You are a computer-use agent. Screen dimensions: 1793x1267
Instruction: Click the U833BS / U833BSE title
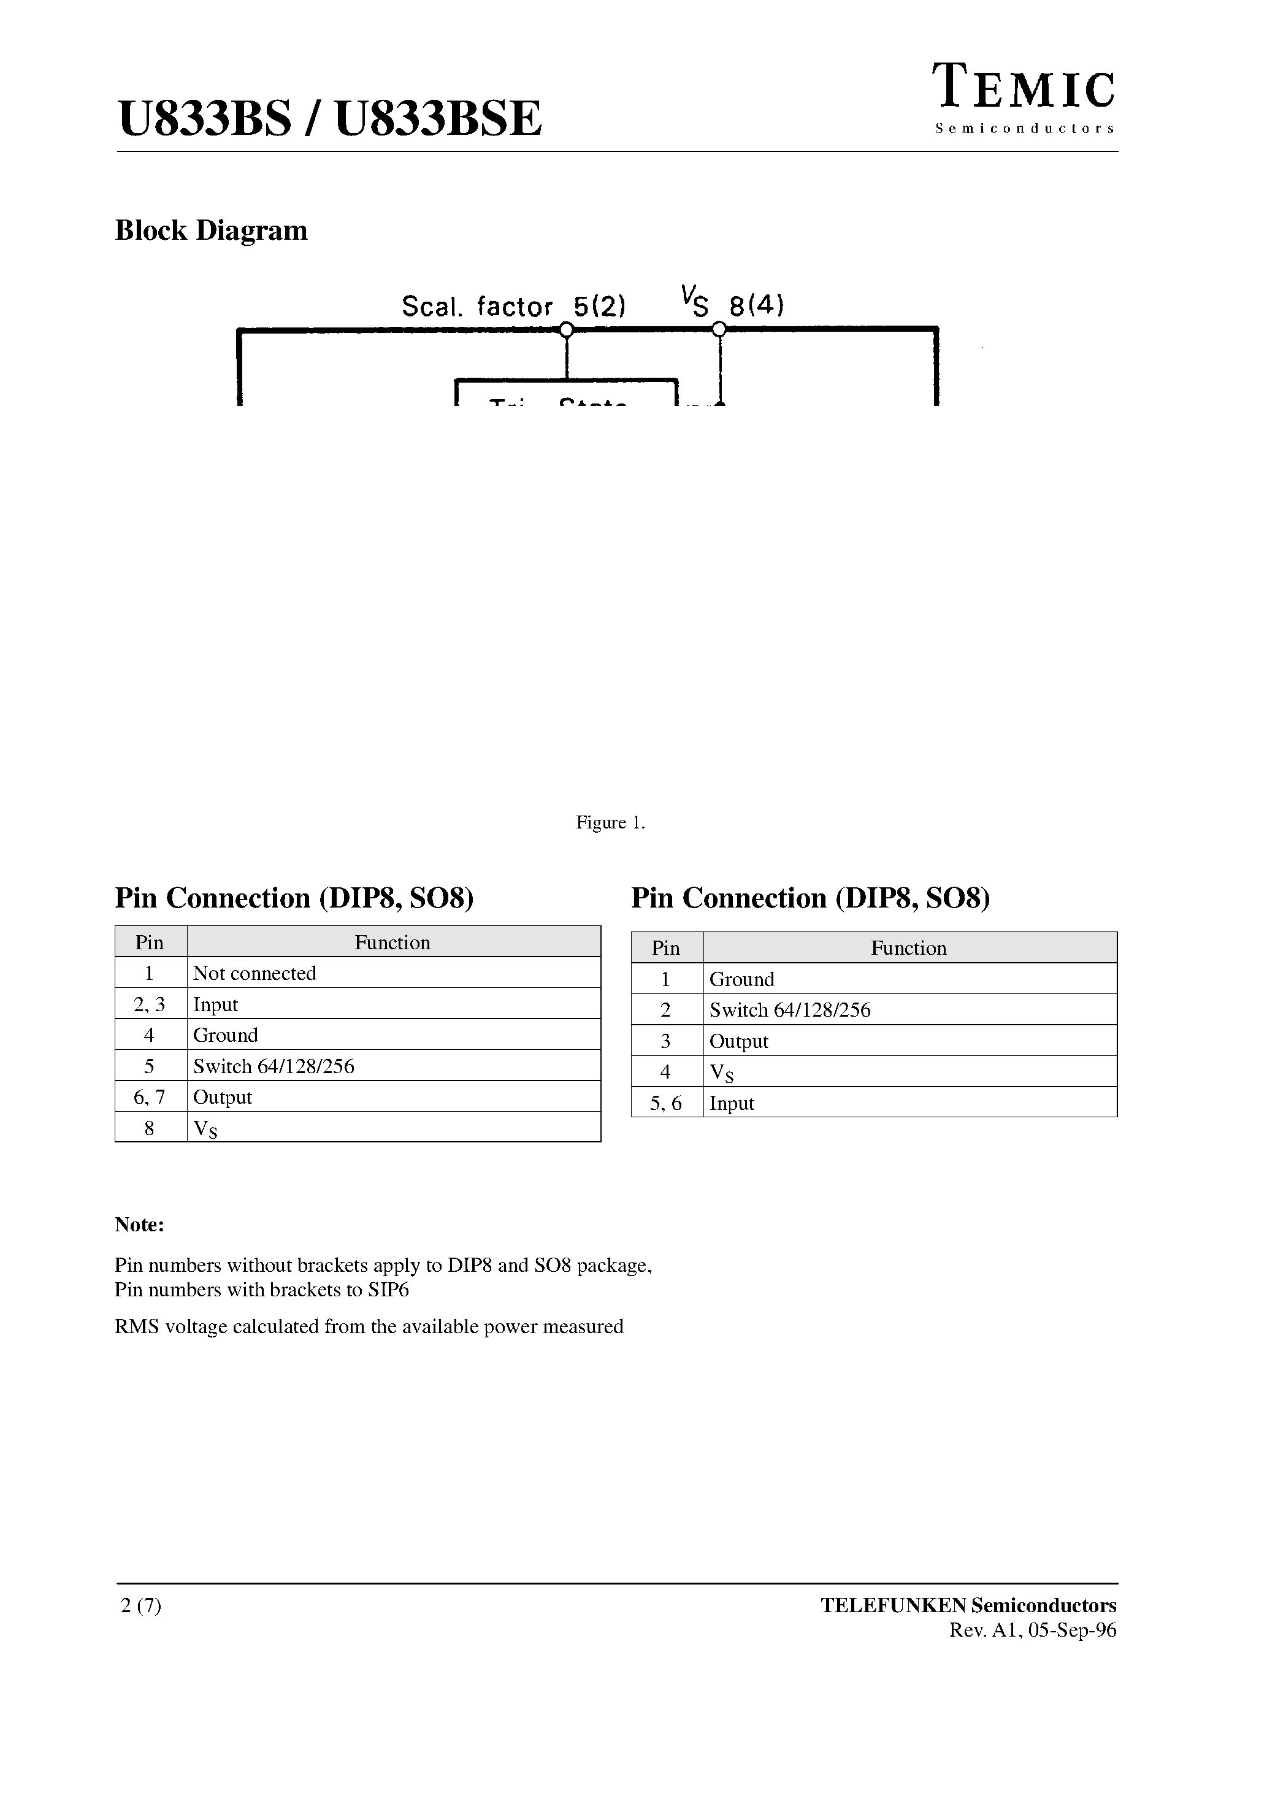pos(329,120)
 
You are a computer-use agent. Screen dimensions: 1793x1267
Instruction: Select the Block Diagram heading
pos(211,231)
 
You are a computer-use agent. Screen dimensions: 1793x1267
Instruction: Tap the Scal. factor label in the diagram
pos(477,306)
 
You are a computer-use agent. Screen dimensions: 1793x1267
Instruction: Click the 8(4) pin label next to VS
pos(756,305)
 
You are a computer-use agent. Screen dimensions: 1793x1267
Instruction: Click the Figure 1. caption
pos(610,822)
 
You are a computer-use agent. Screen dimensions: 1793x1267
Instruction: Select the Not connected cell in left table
pos(255,973)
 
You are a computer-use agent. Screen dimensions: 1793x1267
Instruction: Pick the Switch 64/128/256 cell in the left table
pos(274,1066)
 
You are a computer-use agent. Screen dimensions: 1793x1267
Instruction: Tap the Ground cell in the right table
pos(741,979)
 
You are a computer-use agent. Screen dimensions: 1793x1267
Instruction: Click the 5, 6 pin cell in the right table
pos(665,1103)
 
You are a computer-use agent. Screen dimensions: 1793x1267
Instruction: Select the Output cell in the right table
pos(738,1042)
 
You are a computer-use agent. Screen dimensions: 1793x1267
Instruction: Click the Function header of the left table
pos(392,942)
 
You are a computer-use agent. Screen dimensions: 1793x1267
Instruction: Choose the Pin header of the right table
pos(665,948)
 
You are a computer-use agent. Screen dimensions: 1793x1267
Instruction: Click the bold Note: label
pos(140,1225)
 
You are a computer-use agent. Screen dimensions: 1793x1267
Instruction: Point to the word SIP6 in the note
pos(388,1290)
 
